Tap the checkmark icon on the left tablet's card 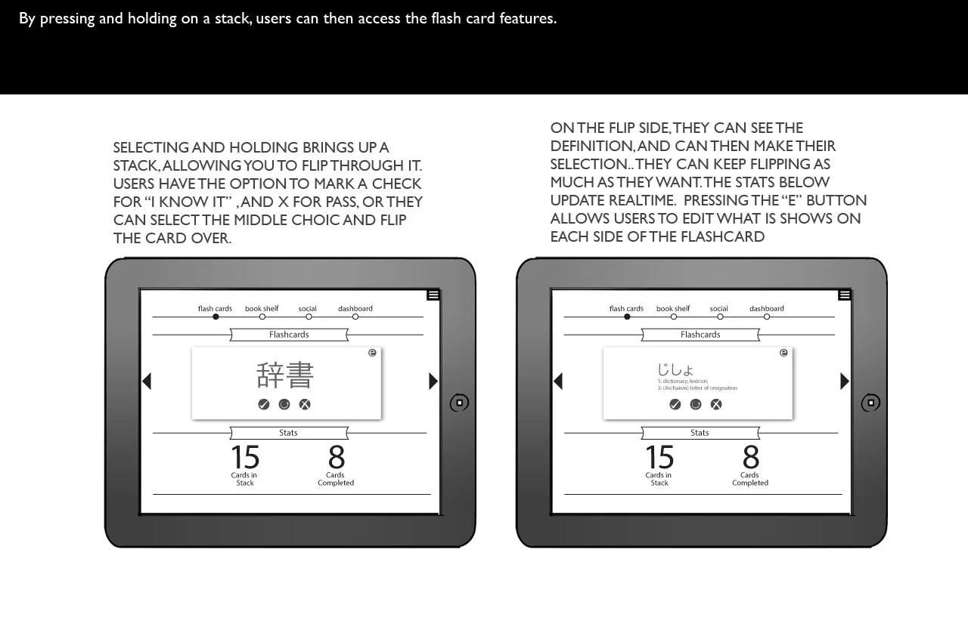[264, 405]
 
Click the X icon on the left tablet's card [305, 405]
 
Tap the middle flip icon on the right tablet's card [696, 405]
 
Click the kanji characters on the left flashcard [285, 375]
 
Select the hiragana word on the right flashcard [675, 369]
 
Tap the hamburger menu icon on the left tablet [433, 295]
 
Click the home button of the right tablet [870, 403]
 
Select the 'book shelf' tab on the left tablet [262, 309]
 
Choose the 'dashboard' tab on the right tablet [767, 309]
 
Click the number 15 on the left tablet [245, 458]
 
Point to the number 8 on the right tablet [750, 458]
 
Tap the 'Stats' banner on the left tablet [288, 433]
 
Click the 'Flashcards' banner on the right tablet [700, 335]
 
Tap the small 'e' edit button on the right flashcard [783, 353]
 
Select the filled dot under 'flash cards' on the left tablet [216, 317]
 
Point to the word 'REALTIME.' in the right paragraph [642, 201]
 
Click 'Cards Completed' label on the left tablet [336, 479]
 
